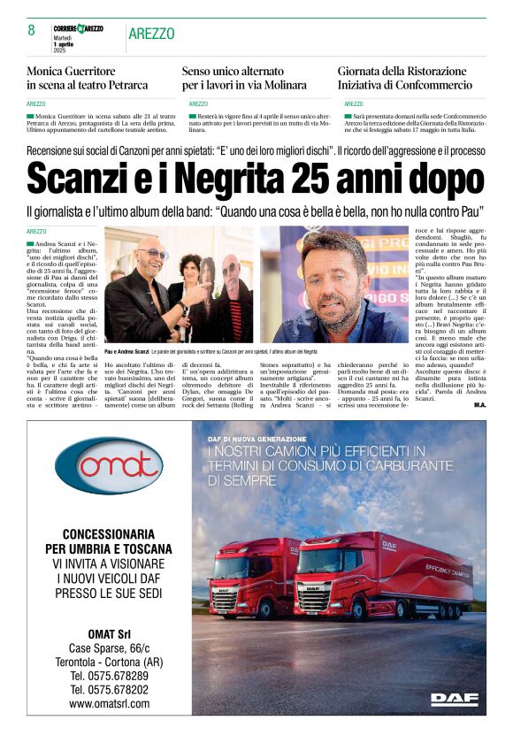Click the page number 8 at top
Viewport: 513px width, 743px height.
point(31,30)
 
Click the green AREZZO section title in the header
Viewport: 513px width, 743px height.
point(151,34)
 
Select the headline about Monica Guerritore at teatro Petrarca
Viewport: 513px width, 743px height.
point(88,78)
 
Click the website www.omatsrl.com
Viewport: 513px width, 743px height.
point(109,703)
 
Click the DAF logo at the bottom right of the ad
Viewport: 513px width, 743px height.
point(454,698)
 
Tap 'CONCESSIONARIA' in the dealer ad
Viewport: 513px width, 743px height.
point(109,533)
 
